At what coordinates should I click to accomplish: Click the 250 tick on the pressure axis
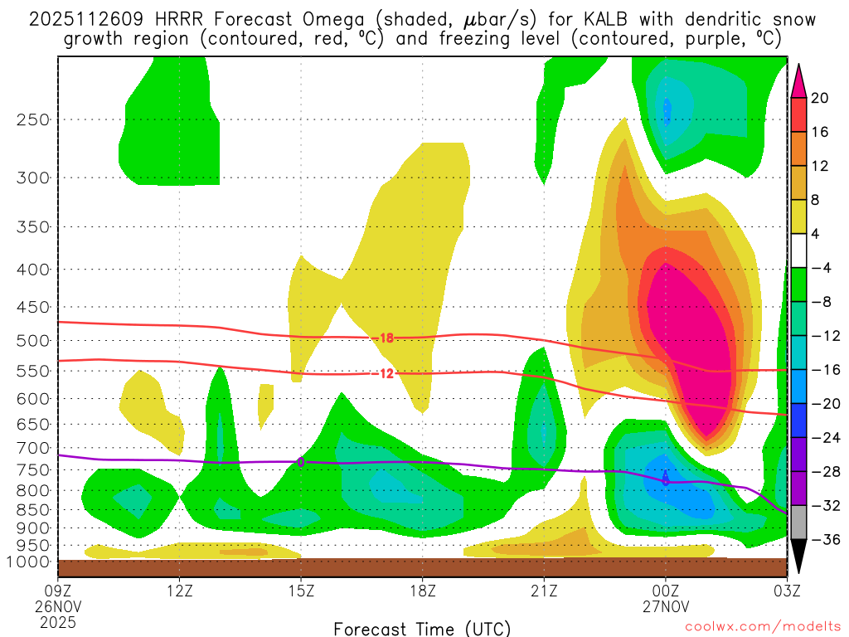(x=32, y=119)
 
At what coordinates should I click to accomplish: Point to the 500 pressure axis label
(x=32, y=341)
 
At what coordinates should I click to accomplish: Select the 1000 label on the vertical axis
(x=29, y=562)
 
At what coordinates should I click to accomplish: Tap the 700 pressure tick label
(x=32, y=448)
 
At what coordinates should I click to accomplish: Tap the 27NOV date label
(x=665, y=605)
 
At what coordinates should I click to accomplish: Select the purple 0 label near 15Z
(x=301, y=462)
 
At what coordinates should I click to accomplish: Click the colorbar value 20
(x=820, y=98)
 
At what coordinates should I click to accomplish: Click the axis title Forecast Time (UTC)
(x=422, y=628)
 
